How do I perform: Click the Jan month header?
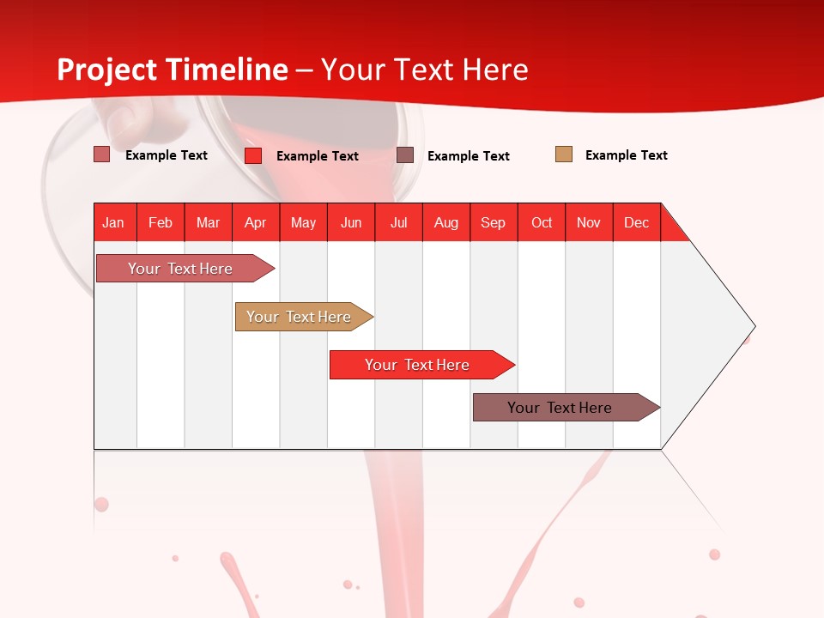(113, 222)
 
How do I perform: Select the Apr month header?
(255, 222)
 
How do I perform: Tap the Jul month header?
(398, 222)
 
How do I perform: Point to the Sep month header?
(493, 222)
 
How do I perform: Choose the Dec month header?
(636, 222)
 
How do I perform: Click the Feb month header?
(161, 222)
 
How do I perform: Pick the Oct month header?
(542, 222)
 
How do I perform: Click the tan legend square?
(564, 154)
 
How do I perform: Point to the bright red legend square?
(253, 155)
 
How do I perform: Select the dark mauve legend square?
(405, 155)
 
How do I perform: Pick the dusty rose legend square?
(102, 154)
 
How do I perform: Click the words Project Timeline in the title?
(173, 70)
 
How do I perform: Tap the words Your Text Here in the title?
(425, 70)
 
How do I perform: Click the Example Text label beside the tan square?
(626, 155)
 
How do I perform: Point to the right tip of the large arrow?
(753, 326)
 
